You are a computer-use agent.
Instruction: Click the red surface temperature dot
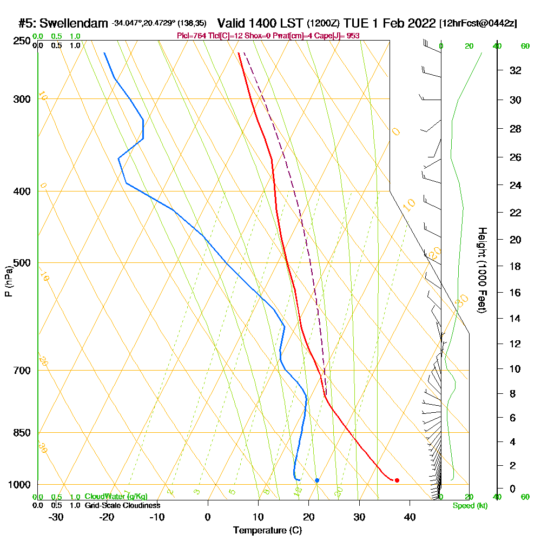click(x=397, y=480)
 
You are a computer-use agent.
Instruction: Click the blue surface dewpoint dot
click(x=317, y=480)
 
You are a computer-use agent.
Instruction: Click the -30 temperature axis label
click(x=56, y=517)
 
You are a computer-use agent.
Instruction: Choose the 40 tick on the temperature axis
click(x=410, y=517)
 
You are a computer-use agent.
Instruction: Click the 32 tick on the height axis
click(x=516, y=70)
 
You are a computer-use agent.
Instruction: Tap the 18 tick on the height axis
click(x=516, y=266)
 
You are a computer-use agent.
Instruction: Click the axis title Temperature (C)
click(x=267, y=531)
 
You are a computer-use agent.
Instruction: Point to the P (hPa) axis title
click(x=9, y=281)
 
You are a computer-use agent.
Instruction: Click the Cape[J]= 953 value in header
click(x=340, y=36)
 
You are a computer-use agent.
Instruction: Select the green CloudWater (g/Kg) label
click(x=116, y=497)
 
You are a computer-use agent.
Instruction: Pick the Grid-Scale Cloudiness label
click(x=122, y=505)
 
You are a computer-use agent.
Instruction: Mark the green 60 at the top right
click(x=525, y=47)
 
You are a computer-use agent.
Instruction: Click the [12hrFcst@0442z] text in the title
click(x=478, y=23)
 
